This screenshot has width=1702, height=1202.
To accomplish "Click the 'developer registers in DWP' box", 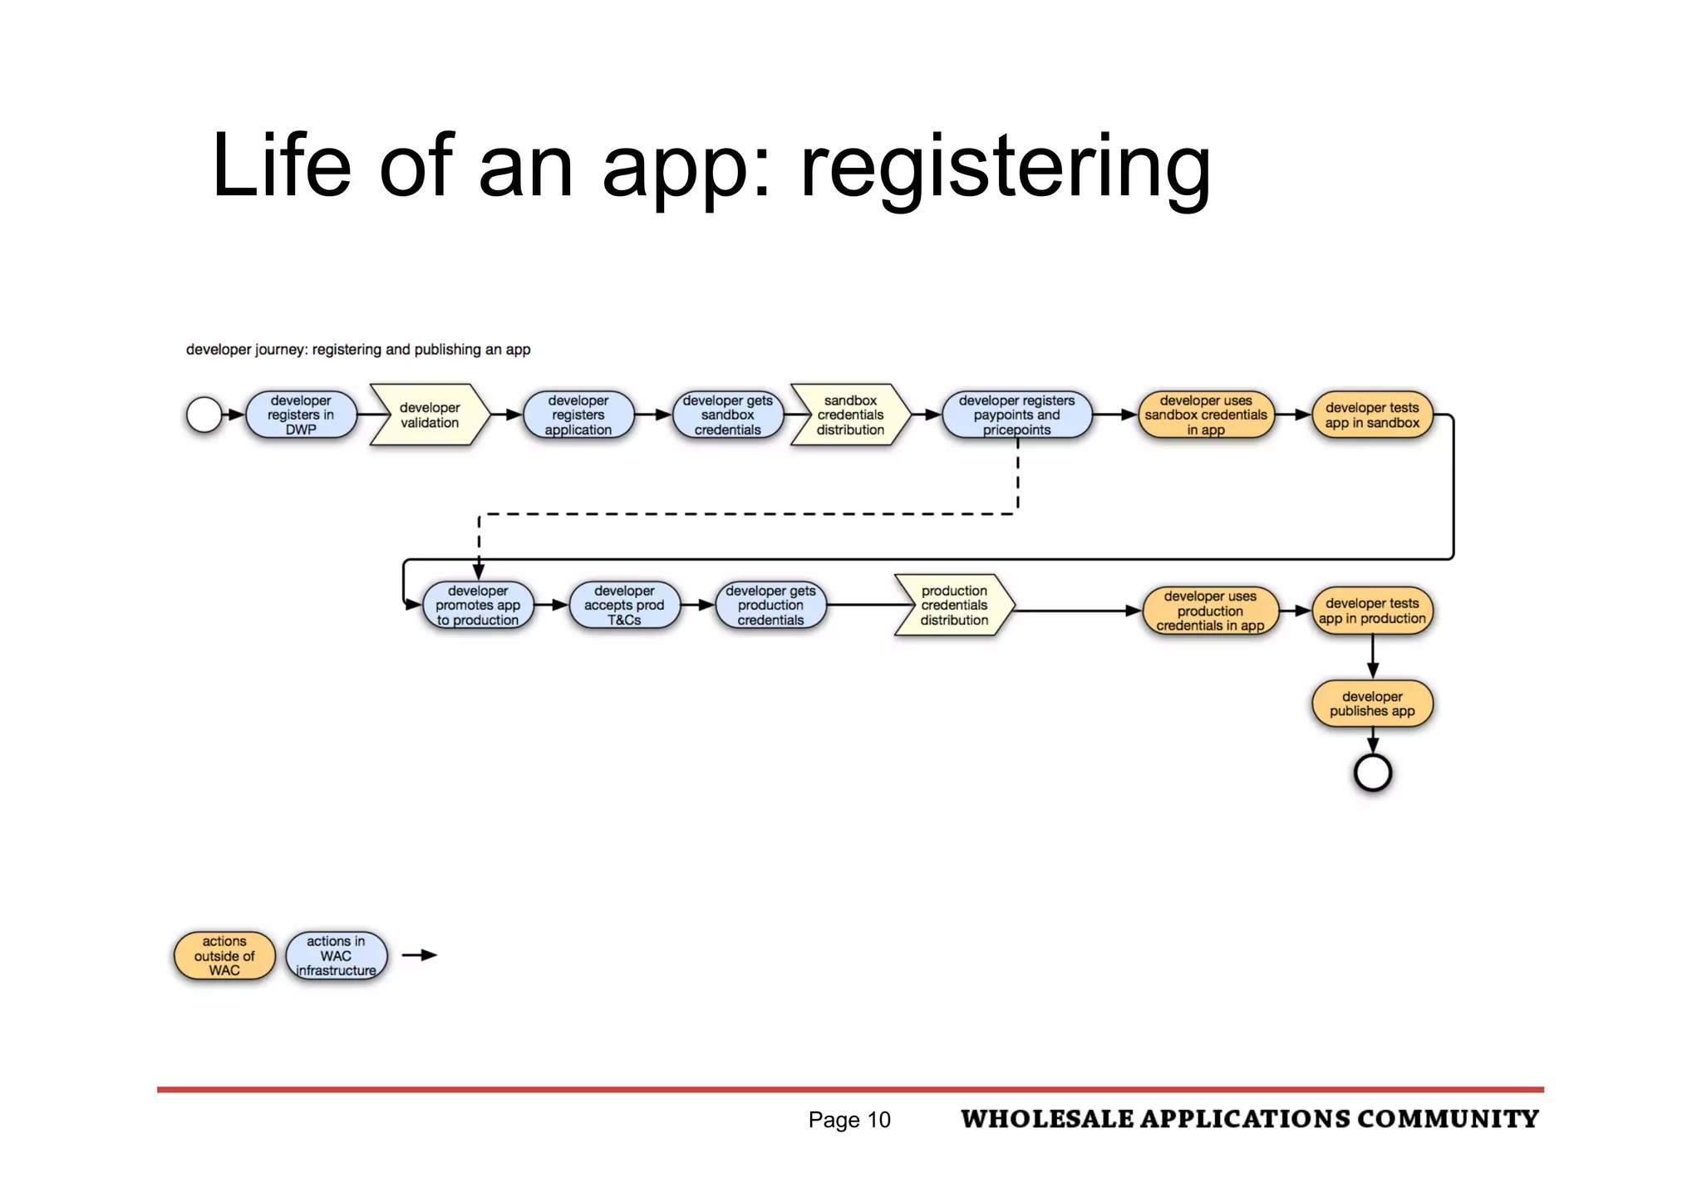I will [301, 415].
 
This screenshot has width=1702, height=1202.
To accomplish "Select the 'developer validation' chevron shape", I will [430, 415].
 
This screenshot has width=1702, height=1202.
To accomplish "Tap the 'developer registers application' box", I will [578, 415].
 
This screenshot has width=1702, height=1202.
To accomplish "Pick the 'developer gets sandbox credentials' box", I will [728, 415].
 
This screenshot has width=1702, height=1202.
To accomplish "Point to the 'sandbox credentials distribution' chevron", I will [850, 415].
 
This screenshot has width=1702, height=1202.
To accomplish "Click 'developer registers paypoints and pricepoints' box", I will [1016, 415].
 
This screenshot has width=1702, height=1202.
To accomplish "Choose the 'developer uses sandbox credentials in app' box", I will [1206, 415].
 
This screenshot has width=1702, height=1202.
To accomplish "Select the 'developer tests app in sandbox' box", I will [1372, 415].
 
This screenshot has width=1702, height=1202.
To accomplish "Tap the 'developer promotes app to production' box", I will [478, 606].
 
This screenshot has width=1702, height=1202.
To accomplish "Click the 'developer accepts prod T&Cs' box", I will [624, 606].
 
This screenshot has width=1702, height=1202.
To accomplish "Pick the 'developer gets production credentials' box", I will [770, 606].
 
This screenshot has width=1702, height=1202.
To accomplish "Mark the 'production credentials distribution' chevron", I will [954, 606].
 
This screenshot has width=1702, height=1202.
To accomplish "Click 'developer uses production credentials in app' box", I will [1210, 611].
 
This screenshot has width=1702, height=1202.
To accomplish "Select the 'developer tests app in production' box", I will [1372, 611].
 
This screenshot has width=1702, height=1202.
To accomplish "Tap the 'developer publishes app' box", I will [1372, 704].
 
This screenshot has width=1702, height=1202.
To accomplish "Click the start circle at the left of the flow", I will [204, 415].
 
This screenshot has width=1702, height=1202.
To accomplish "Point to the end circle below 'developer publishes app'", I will [1373, 773].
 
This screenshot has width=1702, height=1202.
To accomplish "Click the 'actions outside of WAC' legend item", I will [224, 956].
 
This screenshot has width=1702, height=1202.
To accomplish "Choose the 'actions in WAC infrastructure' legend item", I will [336, 956].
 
